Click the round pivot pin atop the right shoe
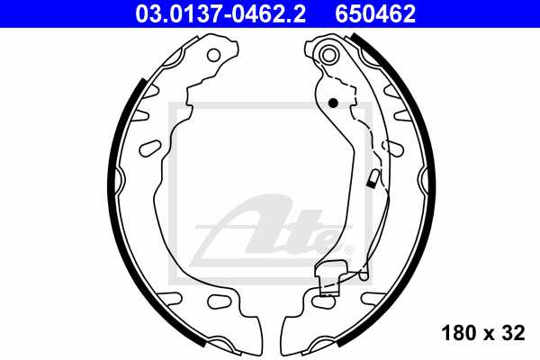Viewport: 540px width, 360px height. pos(328,57)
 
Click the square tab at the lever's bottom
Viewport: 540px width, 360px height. pos(331,274)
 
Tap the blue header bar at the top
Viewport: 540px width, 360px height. pos(270,13)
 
